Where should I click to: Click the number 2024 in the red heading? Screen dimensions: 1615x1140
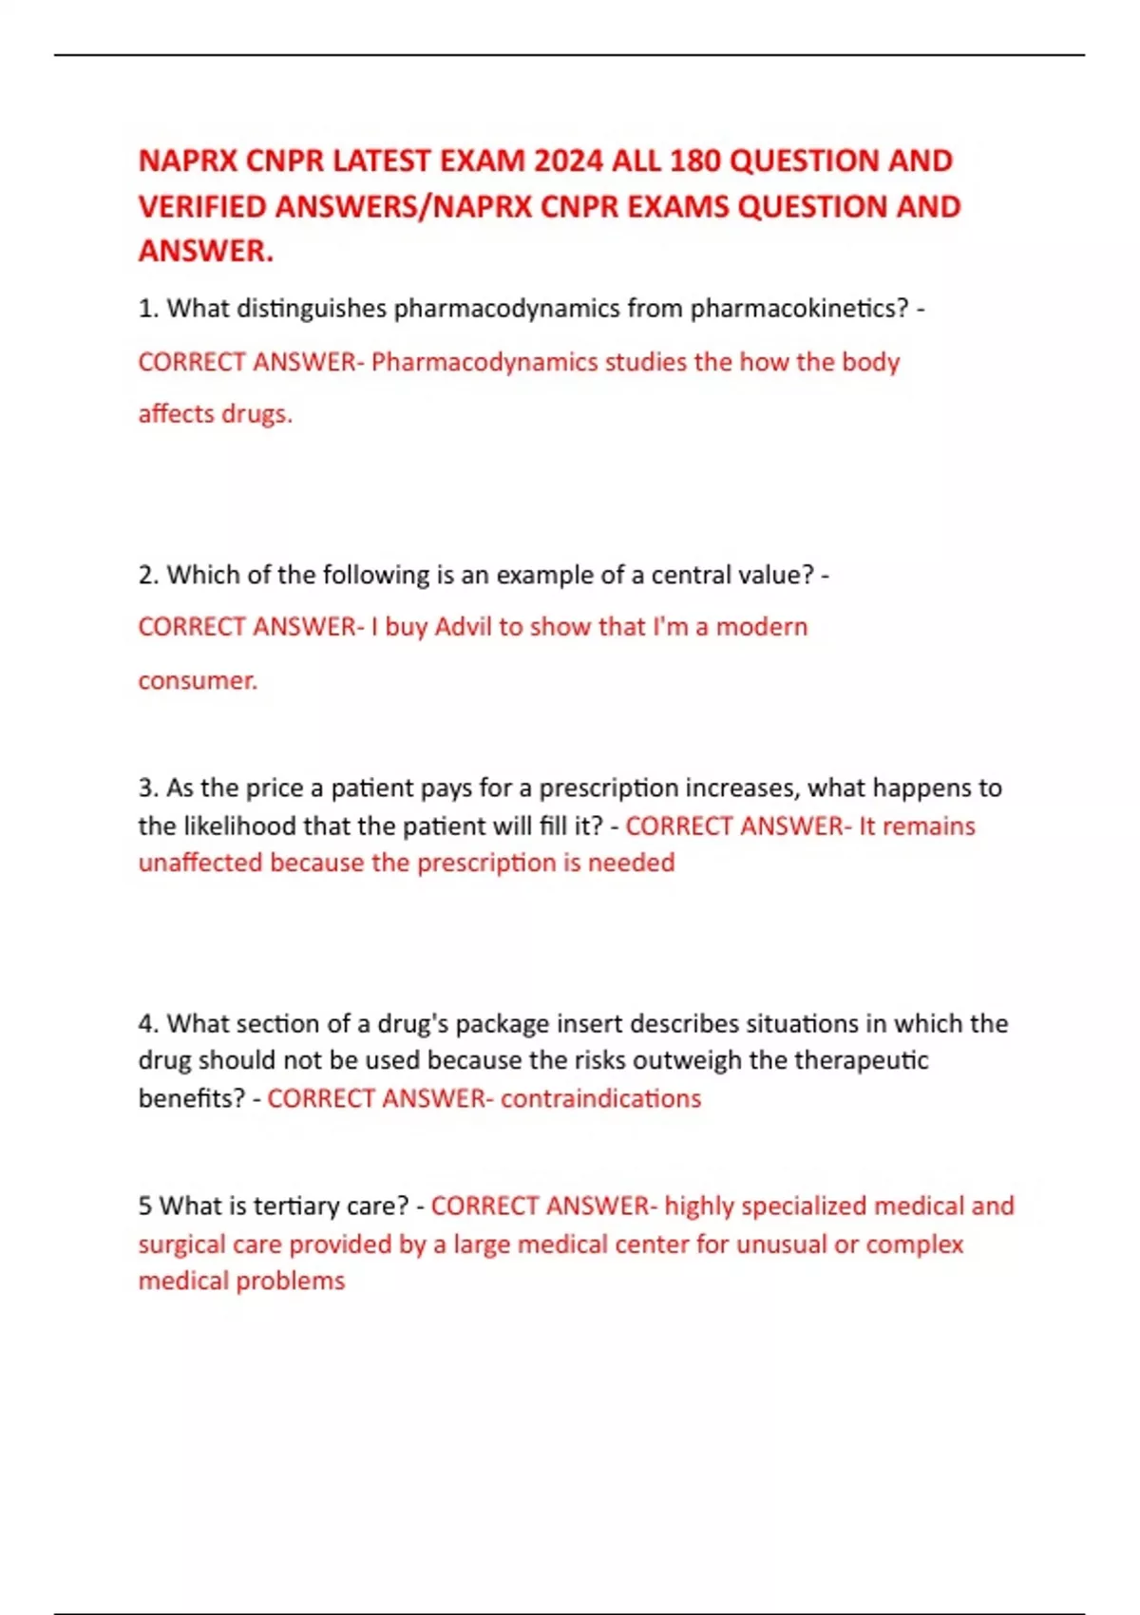568,161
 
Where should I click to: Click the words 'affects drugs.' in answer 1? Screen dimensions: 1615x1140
216,414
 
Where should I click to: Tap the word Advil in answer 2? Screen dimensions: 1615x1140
464,627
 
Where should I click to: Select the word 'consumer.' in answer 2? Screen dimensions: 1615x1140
198,680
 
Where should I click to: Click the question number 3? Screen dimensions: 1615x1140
147,788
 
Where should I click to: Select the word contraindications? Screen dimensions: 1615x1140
600,1099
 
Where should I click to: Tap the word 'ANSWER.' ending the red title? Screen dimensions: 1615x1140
206,252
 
